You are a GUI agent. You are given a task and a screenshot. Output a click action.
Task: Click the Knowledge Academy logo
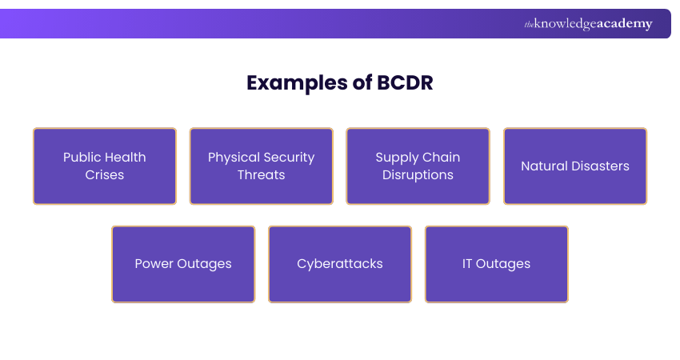pyautogui.click(x=588, y=24)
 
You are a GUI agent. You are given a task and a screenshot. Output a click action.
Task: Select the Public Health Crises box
pyautogui.click(x=105, y=166)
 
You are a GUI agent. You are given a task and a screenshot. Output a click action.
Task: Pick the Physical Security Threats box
pyautogui.click(x=262, y=166)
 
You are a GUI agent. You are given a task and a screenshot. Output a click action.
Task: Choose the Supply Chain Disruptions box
pyautogui.click(x=418, y=166)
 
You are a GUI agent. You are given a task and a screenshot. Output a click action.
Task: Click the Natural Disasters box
pyautogui.click(x=575, y=166)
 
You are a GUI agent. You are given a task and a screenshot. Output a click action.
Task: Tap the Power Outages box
pyautogui.click(x=183, y=264)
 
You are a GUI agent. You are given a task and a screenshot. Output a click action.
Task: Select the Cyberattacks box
pyautogui.click(x=340, y=264)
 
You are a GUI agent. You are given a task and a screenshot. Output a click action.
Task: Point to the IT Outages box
pyautogui.click(x=496, y=264)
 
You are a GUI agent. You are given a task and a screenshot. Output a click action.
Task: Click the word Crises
pyautogui.click(x=105, y=174)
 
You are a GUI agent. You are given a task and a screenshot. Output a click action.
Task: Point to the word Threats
pyautogui.click(x=262, y=174)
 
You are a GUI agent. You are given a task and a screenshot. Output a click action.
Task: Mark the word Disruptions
pyautogui.click(x=418, y=174)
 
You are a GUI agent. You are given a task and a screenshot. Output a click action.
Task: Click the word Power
pyautogui.click(x=153, y=264)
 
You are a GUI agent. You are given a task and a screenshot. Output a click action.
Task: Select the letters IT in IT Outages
pyautogui.click(x=467, y=264)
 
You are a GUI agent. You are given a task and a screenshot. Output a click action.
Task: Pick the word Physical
pyautogui.click(x=234, y=158)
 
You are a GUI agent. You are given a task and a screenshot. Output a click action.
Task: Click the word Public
pyautogui.click(x=82, y=157)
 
